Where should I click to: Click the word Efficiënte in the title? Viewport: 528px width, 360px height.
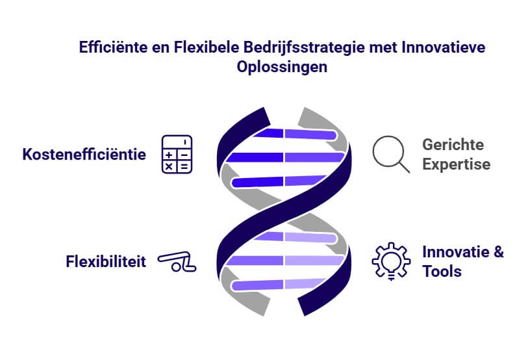pos(113,47)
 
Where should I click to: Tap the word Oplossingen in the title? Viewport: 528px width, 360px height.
pos(282,67)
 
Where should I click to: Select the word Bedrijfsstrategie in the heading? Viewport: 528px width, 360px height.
pos(304,47)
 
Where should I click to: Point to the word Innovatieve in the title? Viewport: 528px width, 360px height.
pos(443,47)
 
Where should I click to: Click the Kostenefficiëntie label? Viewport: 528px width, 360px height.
pos(84,155)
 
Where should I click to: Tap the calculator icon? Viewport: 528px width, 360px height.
pos(177,155)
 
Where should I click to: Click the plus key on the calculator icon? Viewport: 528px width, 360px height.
pos(169,155)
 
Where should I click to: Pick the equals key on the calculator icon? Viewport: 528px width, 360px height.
pos(184,166)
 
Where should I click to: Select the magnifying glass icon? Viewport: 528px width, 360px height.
pos(391,154)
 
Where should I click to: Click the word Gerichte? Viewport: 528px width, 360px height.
pos(453,145)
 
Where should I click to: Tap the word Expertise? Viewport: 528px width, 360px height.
pos(457,164)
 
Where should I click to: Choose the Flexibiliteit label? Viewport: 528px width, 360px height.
pos(106,262)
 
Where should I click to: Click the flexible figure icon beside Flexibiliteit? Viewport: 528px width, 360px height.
pos(177,262)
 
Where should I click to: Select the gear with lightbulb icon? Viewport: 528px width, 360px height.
pos(391,261)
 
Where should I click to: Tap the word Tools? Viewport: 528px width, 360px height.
pos(442,272)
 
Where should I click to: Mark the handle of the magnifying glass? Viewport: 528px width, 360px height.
pos(404,167)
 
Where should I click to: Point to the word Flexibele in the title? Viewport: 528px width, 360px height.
pos(207,47)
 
